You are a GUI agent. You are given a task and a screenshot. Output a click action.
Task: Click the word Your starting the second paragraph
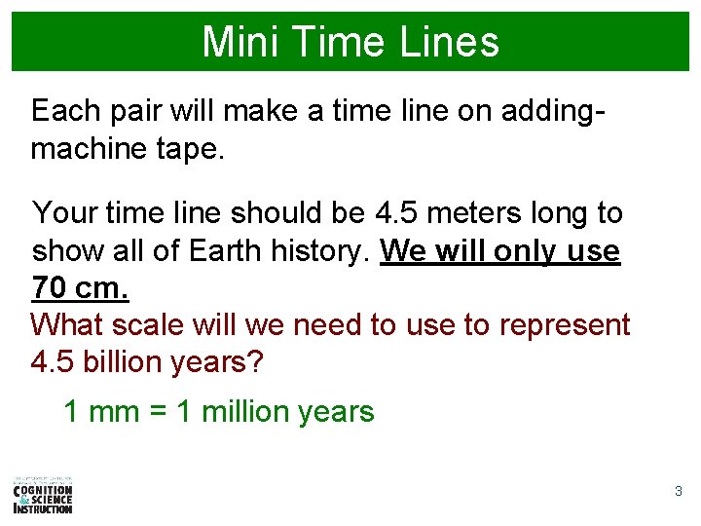65,212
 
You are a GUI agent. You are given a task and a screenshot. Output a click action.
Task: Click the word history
318,250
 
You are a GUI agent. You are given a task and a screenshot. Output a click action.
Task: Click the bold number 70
51,288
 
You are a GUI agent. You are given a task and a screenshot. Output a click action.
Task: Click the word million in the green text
244,412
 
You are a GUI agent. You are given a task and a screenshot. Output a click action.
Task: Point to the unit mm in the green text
113,412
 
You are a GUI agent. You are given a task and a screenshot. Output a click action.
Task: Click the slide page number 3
679,492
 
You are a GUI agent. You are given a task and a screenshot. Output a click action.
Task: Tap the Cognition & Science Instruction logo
43,495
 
